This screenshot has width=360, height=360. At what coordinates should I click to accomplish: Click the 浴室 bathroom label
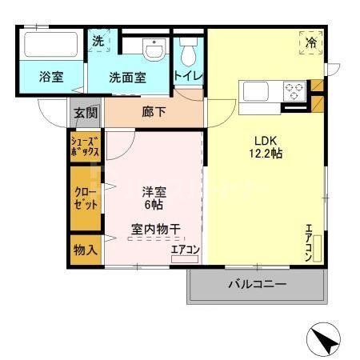coord(52,78)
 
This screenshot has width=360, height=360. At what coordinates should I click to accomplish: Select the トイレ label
coord(188,76)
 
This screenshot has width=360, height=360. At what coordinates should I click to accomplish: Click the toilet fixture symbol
coord(189,54)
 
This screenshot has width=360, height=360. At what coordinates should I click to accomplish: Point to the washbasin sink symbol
coord(152,50)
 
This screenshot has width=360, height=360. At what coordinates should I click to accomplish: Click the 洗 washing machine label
coord(98,41)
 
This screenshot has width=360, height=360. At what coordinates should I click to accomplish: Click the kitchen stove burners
coord(294,90)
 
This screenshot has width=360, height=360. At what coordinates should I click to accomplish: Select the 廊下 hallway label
coord(154,112)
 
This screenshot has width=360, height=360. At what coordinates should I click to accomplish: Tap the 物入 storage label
coord(85,249)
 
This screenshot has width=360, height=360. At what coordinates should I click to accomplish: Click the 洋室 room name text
coord(154,191)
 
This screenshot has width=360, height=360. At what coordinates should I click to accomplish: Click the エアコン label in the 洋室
coord(185,249)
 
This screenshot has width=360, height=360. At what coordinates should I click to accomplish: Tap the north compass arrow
coord(326,342)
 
